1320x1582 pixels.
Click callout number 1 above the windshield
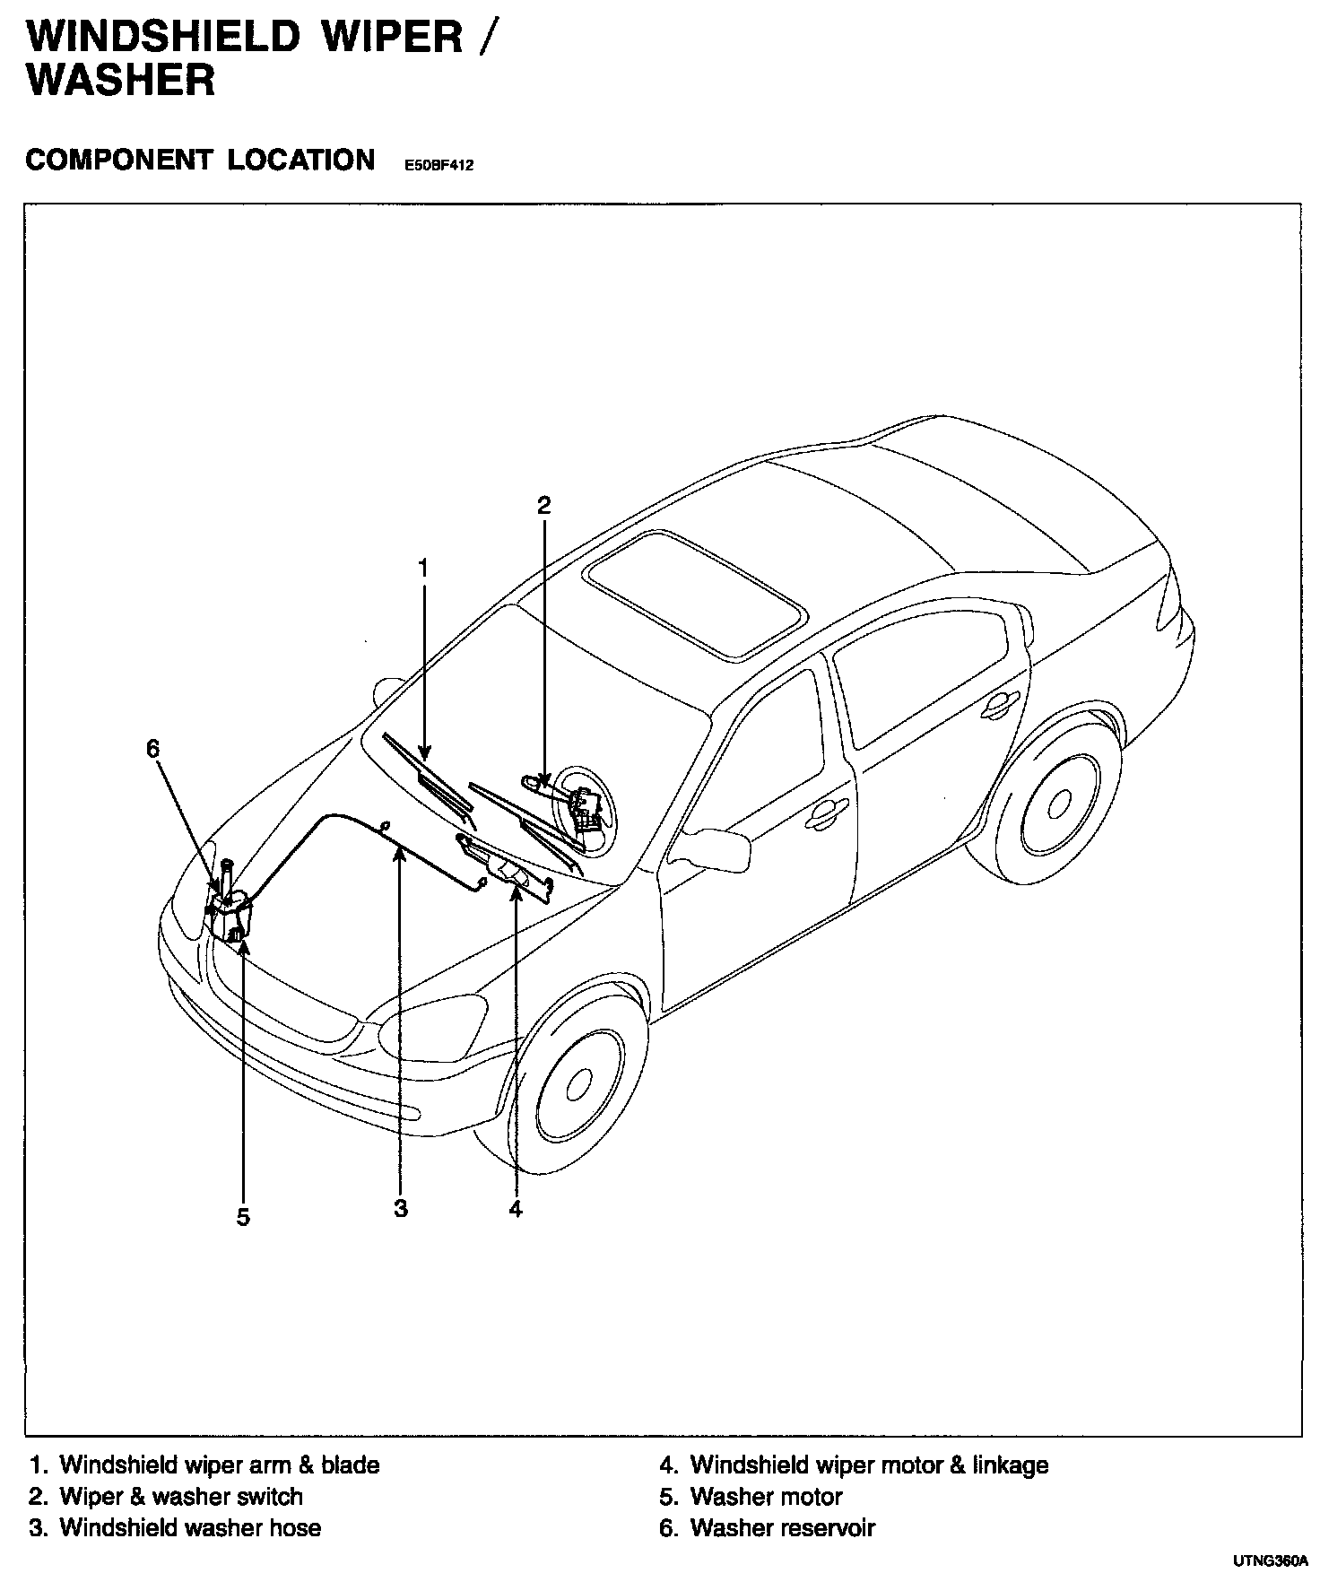(422, 568)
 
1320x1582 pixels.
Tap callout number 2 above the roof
(543, 505)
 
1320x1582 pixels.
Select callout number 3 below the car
(401, 1208)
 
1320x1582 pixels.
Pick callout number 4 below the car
(516, 1208)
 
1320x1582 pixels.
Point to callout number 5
(243, 1217)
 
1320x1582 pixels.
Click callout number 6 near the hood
(153, 747)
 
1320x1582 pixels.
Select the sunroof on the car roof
(695, 592)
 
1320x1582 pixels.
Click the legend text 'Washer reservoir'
(782, 1527)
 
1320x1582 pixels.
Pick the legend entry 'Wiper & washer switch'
(180, 1496)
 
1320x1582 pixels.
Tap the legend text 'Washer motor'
(766, 1496)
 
